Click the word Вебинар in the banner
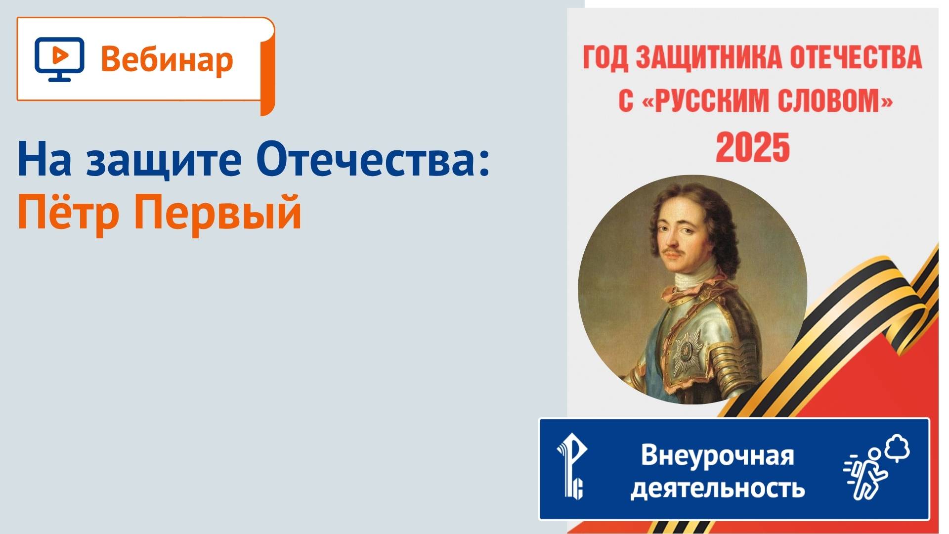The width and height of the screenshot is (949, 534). pos(167,59)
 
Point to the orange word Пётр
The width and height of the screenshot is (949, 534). pos(68,213)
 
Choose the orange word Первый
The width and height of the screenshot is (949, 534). pos(217,213)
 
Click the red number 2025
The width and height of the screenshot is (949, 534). pos(752,147)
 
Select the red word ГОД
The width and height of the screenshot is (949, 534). pos(605,58)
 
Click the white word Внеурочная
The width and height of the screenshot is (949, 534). pos(717,455)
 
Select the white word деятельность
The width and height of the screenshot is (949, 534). pos(717,488)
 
